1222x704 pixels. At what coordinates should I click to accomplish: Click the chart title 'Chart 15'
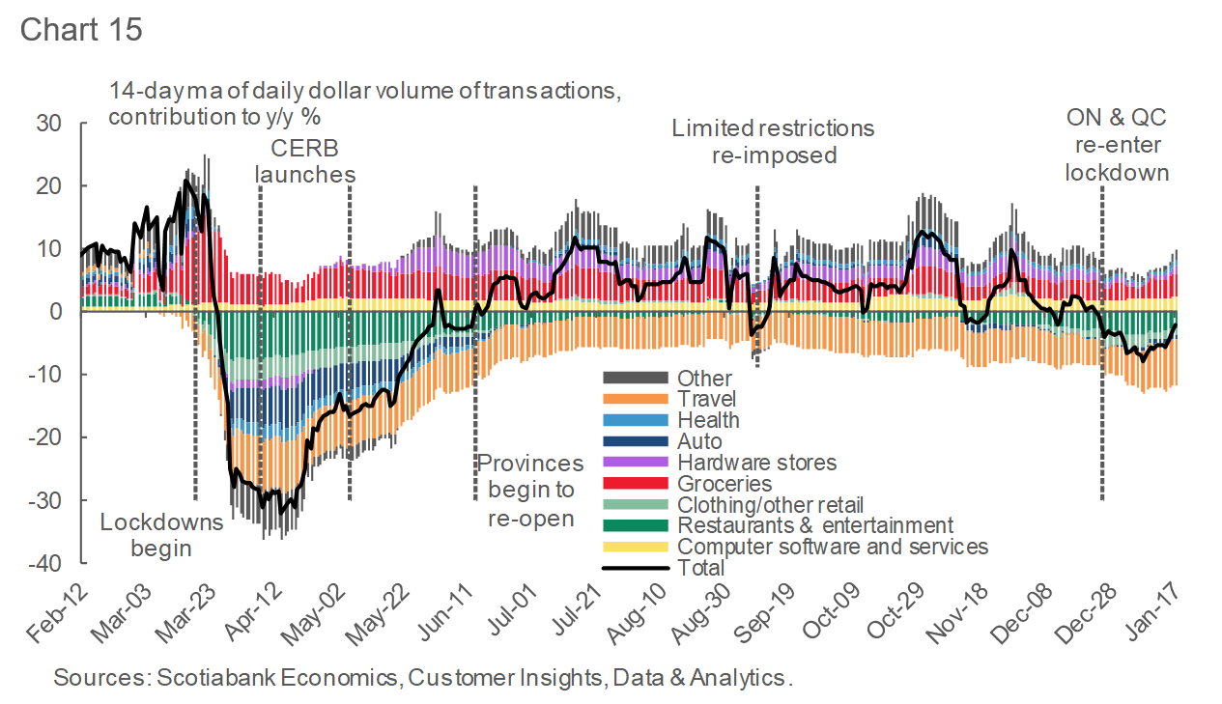tap(81, 29)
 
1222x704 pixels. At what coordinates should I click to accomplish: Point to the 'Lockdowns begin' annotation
tap(161, 535)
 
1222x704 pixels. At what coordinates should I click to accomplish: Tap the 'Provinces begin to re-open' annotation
tap(530, 491)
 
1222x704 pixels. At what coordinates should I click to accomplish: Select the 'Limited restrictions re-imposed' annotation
tap(773, 141)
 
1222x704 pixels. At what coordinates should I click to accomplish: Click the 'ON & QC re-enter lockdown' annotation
tap(1117, 145)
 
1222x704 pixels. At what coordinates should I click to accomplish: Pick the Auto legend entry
tap(699, 441)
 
